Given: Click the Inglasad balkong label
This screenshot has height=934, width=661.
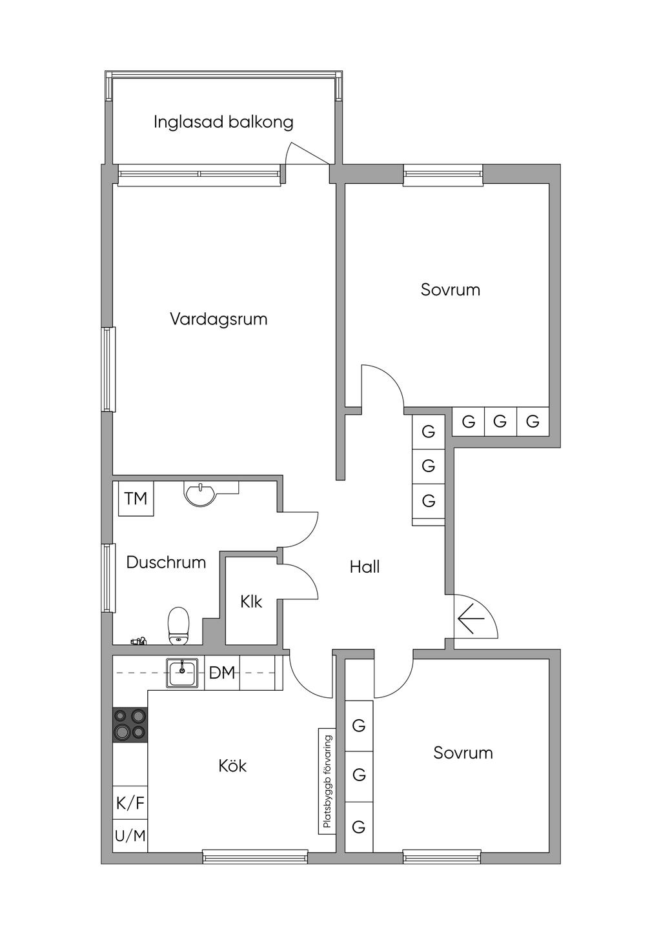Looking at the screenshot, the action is [x=223, y=122].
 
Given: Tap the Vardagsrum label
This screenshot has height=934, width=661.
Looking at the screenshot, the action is [x=218, y=319].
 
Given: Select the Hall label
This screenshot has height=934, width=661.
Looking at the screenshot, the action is [x=364, y=567].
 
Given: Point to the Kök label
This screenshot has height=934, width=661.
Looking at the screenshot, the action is [x=232, y=766].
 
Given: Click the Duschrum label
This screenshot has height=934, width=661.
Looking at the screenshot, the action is [x=166, y=562].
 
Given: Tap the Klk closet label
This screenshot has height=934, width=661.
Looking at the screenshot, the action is [x=251, y=602].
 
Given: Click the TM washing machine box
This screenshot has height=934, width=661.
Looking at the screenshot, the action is [x=136, y=499].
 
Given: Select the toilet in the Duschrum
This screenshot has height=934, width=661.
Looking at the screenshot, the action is [x=178, y=624].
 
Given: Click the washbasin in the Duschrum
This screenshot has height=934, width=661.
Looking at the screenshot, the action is [x=201, y=493].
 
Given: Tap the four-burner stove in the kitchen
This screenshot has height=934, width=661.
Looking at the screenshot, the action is [x=130, y=724].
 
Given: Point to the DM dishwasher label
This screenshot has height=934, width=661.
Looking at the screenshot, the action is [x=222, y=673].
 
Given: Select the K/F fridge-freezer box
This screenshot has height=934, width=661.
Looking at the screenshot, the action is [x=130, y=803].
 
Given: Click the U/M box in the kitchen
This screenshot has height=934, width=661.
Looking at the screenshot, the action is [x=130, y=836].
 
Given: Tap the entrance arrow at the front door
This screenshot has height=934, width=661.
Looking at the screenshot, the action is [x=471, y=620].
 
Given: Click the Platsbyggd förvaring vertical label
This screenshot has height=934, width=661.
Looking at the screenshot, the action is [x=327, y=781].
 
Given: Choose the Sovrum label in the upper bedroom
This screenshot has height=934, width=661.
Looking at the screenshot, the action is [x=450, y=290].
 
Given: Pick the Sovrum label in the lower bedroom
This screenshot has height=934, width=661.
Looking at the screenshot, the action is [x=463, y=753].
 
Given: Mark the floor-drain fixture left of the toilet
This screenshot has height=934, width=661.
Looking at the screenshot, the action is [x=138, y=641].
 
